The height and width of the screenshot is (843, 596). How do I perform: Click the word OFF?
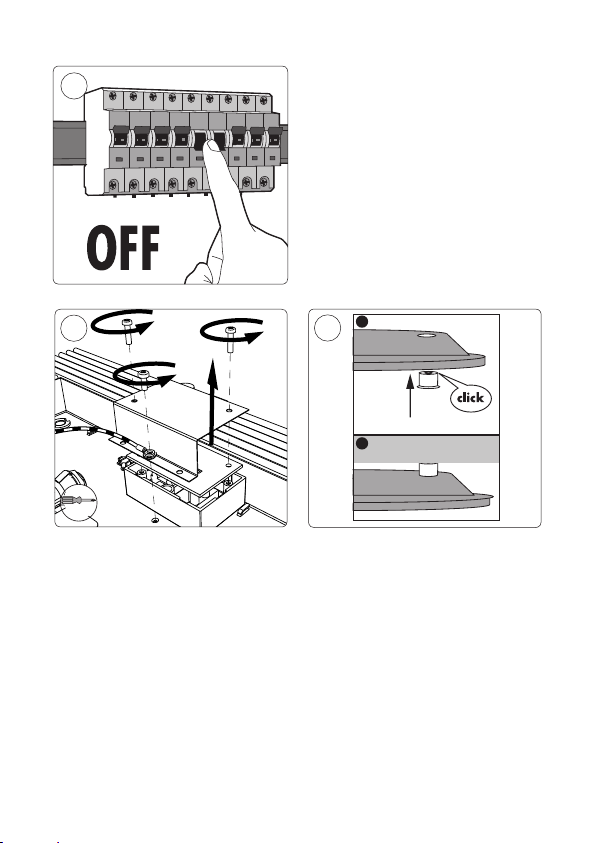click(x=123, y=248)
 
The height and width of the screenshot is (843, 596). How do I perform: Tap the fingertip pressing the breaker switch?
click(x=216, y=152)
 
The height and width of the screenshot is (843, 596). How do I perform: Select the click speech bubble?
click(x=470, y=398)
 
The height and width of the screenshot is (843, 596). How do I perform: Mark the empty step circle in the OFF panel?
click(x=74, y=86)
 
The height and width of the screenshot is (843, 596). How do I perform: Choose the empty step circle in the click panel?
click(x=327, y=327)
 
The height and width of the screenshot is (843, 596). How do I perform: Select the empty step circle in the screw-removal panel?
click(x=74, y=328)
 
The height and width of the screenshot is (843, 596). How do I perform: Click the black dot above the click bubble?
click(x=362, y=322)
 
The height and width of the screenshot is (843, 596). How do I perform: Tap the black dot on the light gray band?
click(x=362, y=443)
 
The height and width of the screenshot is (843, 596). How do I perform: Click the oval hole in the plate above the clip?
click(x=427, y=335)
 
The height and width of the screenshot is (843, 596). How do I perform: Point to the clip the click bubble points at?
click(x=428, y=380)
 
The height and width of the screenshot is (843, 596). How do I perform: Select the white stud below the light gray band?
click(x=428, y=469)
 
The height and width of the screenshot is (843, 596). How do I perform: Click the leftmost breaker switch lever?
click(x=120, y=136)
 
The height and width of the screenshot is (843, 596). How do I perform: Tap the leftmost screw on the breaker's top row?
click(x=113, y=96)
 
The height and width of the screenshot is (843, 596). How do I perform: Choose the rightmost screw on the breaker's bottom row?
click(x=264, y=182)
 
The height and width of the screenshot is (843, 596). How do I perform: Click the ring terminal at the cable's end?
click(x=149, y=455)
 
